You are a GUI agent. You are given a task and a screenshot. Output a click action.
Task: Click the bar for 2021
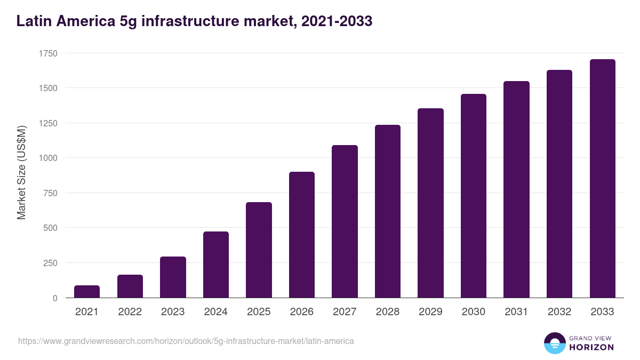point(87,291)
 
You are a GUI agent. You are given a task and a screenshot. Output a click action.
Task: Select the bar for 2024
point(216,265)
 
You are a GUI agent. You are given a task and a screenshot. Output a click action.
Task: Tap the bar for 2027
point(345,221)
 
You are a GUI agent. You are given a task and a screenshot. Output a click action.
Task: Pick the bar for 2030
point(474,196)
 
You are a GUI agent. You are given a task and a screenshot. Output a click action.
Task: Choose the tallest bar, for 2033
point(602,179)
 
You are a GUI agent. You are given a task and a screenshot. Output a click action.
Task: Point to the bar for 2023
point(173,277)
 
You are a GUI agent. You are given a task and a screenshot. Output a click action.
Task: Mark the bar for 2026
point(302,235)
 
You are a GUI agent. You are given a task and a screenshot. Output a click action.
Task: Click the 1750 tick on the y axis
point(48,53)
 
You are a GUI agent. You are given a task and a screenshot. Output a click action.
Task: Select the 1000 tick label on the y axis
point(48,158)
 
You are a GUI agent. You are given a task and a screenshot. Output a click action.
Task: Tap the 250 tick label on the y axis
point(50,263)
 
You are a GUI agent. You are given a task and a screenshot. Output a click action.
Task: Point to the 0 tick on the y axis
point(55,298)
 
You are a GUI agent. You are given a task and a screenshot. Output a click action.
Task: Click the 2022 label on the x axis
point(130,312)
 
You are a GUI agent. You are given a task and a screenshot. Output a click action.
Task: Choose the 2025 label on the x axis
point(259,312)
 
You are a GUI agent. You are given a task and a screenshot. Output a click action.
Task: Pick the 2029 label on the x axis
point(430,312)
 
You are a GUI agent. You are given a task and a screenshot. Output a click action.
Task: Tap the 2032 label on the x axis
point(559,312)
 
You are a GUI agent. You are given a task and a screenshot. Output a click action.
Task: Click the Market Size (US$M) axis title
point(21,173)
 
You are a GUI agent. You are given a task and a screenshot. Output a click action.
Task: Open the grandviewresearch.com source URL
point(186,341)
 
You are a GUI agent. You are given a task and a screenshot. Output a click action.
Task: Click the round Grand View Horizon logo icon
point(554,343)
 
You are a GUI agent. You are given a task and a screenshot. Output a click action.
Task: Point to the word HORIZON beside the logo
point(591,347)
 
